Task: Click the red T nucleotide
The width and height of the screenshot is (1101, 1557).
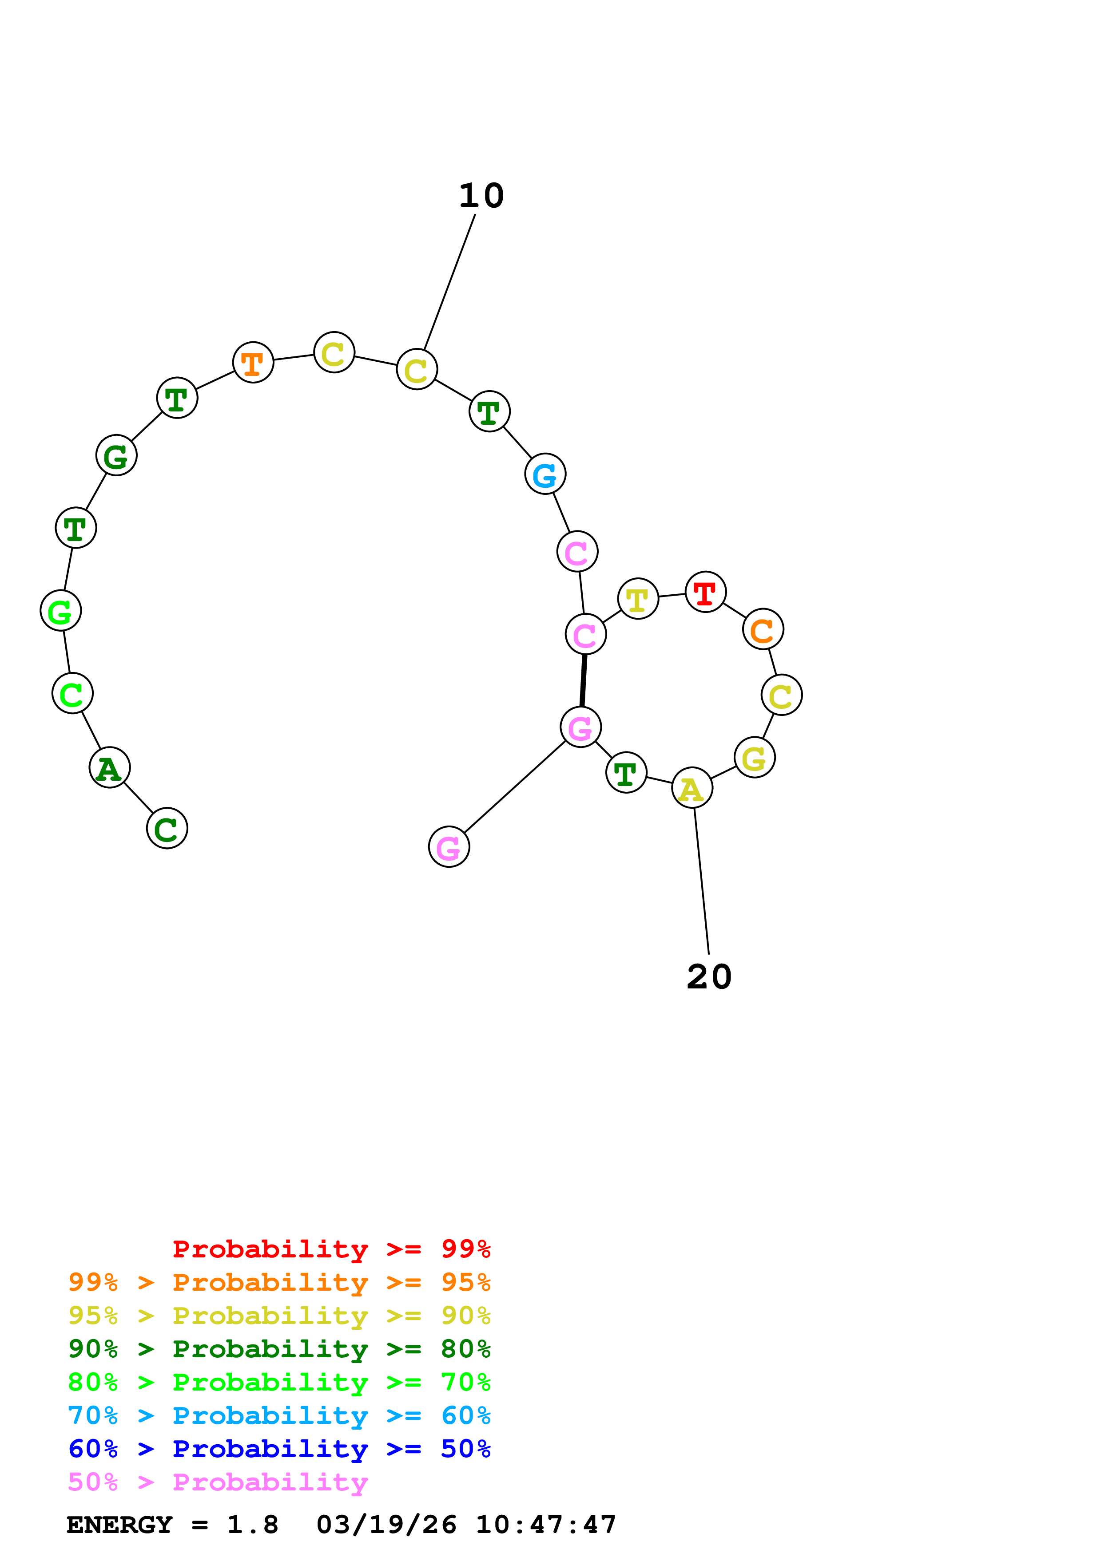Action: pyautogui.click(x=706, y=592)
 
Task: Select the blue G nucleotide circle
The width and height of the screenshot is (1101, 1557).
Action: pyautogui.click(x=545, y=474)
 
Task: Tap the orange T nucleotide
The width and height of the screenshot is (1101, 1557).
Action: pyautogui.click(x=253, y=362)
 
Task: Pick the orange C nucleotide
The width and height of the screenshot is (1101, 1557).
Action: pyautogui.click(x=763, y=629)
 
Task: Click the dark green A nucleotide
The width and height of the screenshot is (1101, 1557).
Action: pyautogui.click(x=110, y=768)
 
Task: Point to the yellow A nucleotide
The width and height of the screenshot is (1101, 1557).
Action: pyautogui.click(x=692, y=788)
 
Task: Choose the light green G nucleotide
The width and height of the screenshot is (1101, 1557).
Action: pyautogui.click(x=61, y=611)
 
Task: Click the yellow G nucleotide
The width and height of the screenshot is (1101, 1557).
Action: pyautogui.click(x=754, y=758)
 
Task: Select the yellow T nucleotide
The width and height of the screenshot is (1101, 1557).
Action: pyautogui.click(x=638, y=599)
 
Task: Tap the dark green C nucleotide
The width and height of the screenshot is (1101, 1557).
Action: pyautogui.click(x=167, y=829)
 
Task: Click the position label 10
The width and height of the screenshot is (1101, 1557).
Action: pyautogui.click(x=481, y=196)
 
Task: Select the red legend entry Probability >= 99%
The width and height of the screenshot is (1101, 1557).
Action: pyautogui.click(x=331, y=1249)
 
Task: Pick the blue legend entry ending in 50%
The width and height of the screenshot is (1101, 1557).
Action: pyautogui.click(x=279, y=1449)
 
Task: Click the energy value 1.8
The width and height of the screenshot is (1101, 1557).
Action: pyautogui.click(x=252, y=1525)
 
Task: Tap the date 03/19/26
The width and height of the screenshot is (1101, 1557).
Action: pyautogui.click(x=387, y=1525)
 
